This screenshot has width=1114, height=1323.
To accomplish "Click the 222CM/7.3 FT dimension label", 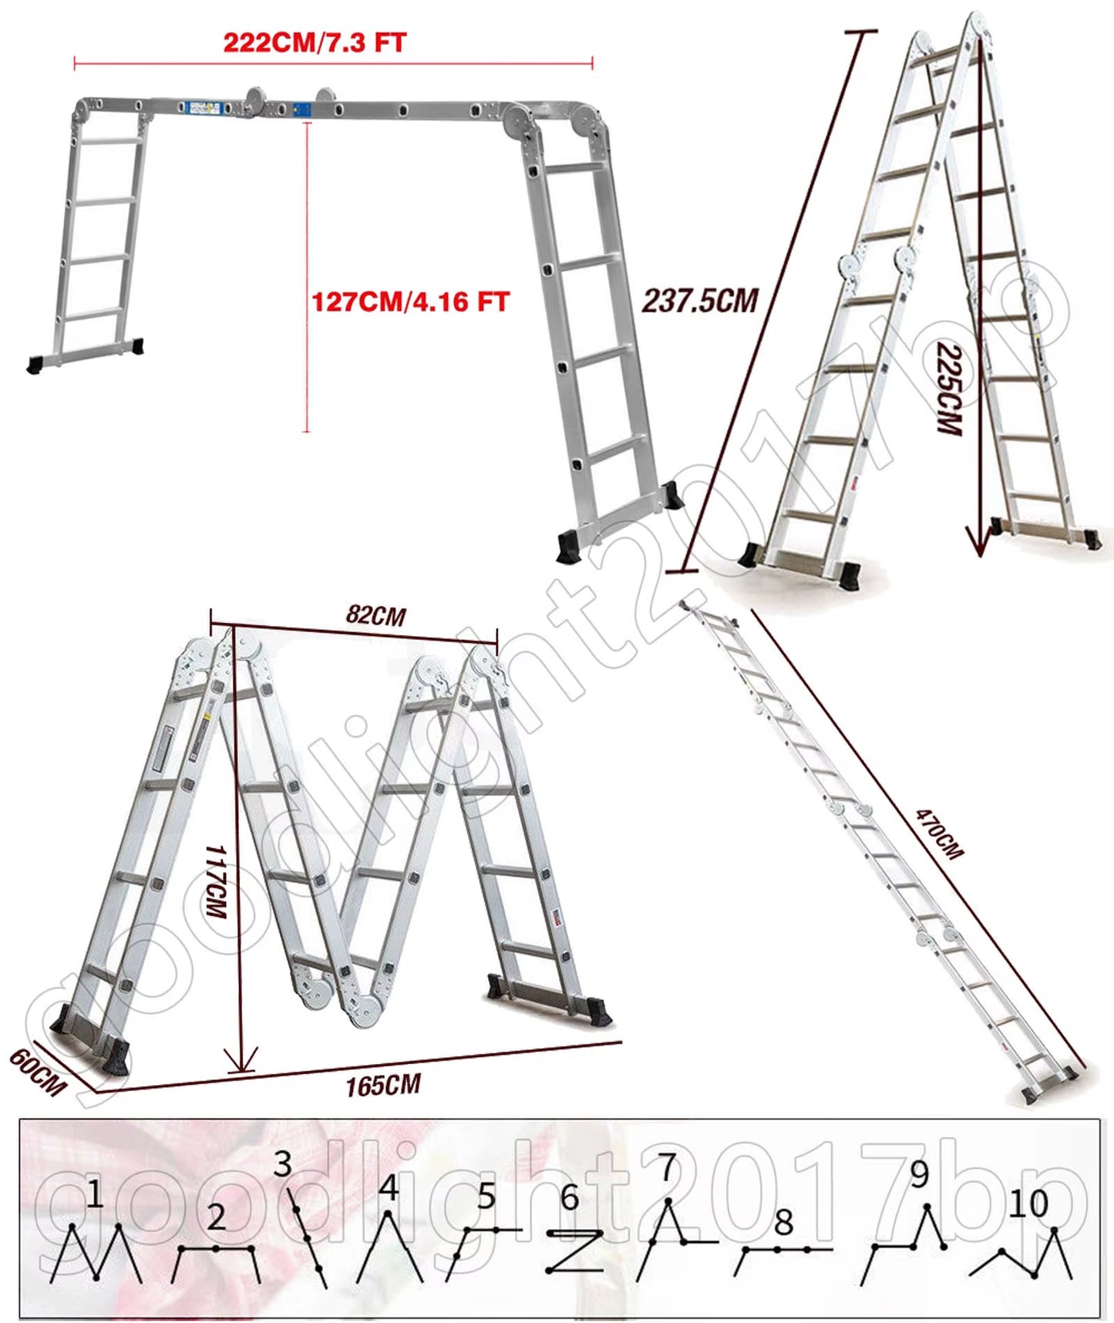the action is pos(315,42).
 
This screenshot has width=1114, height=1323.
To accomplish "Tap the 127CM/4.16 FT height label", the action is pos(410,301).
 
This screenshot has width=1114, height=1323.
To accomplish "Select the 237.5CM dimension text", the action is pos(700,301).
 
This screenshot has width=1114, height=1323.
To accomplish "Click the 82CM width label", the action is pos(375,615).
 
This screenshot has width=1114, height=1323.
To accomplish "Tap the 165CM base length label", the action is pos(383,1086).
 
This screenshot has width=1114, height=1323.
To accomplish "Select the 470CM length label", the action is pos(939,833).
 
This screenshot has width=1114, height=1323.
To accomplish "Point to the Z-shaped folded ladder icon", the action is pos(574,1251).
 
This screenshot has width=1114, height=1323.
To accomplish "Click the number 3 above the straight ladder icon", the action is pos(283,1164).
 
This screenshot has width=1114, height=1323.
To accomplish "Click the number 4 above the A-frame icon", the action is pos(389,1188).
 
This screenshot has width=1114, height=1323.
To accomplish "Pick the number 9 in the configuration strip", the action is pos(920,1174).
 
